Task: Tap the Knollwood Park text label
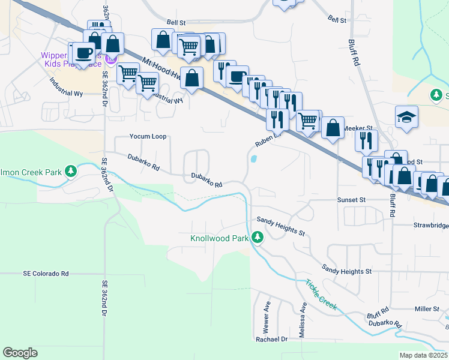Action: coord(219,238)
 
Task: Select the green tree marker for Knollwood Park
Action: coord(258,238)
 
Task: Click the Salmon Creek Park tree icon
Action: coord(71,172)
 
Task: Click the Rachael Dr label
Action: coord(272,339)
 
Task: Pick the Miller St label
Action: coord(427,309)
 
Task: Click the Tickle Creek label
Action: coord(321,295)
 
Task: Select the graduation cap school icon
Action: coord(406,116)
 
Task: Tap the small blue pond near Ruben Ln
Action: coord(254,160)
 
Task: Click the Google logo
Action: coord(20,353)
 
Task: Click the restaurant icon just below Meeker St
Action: coord(366,142)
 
